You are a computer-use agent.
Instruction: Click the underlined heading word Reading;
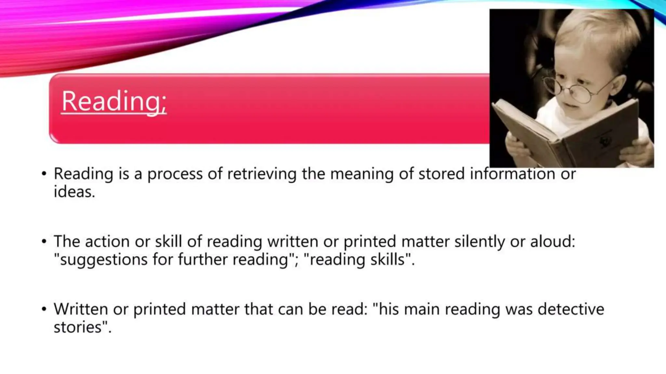[114, 101]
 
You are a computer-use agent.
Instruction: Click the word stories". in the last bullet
[82, 327]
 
